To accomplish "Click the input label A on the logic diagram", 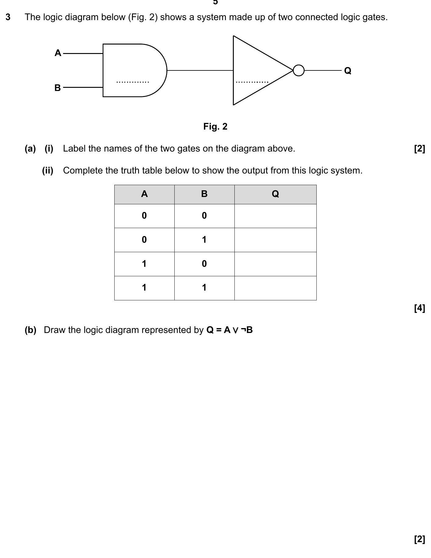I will [x=58, y=53].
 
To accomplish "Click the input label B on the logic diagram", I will [x=58, y=88].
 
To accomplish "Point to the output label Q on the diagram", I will [x=347, y=71].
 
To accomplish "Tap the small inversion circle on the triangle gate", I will [x=299, y=70].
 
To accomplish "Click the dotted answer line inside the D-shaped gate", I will [x=133, y=82].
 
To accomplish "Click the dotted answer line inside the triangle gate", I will [x=252, y=82].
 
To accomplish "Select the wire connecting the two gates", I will [x=200, y=70].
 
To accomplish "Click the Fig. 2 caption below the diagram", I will [x=215, y=127].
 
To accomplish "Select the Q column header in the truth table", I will [x=275, y=194].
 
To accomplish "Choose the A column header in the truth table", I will [x=144, y=194].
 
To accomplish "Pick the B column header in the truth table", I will [x=204, y=194].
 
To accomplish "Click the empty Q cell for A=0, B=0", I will [x=275, y=216].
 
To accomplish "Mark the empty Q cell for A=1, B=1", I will [x=275, y=288].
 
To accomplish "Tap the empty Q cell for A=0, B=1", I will [x=275, y=240].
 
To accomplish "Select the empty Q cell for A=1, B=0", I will [x=275, y=264].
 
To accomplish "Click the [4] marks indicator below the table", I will [x=419, y=308].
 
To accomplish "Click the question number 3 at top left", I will [x=8, y=17].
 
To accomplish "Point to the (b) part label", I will [x=30, y=330].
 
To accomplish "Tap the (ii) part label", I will [x=48, y=170].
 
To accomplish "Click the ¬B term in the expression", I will [x=247, y=330].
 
